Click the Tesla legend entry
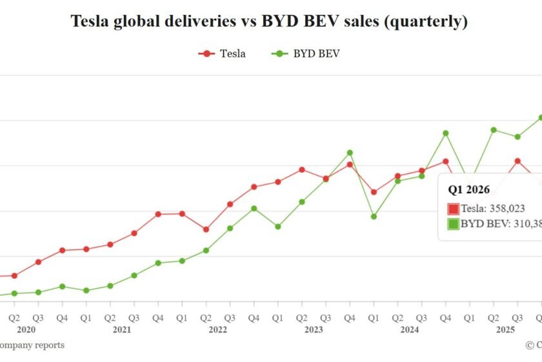pyautogui.click(x=222, y=54)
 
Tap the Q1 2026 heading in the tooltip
pyautogui.click(x=469, y=189)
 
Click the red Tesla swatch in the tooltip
pyautogui.click(x=453, y=209)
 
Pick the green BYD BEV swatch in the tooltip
pyautogui.click(x=453, y=224)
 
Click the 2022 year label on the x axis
pyautogui.click(x=217, y=330)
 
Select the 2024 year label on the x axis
pyautogui.click(x=409, y=330)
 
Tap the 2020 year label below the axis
pyautogui.click(x=26, y=330)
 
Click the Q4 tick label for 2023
pyautogui.click(x=349, y=318)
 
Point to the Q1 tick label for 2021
pyautogui.click(x=86, y=318)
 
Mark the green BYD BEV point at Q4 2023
pyautogui.click(x=350, y=153)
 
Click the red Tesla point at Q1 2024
pyautogui.click(x=374, y=192)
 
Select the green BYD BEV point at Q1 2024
pyautogui.click(x=374, y=216)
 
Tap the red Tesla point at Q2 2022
pyautogui.click(x=206, y=229)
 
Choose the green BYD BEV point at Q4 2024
pyautogui.click(x=445, y=133)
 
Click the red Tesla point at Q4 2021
pyautogui.click(x=158, y=214)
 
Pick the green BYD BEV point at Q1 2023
pyautogui.click(x=277, y=227)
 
